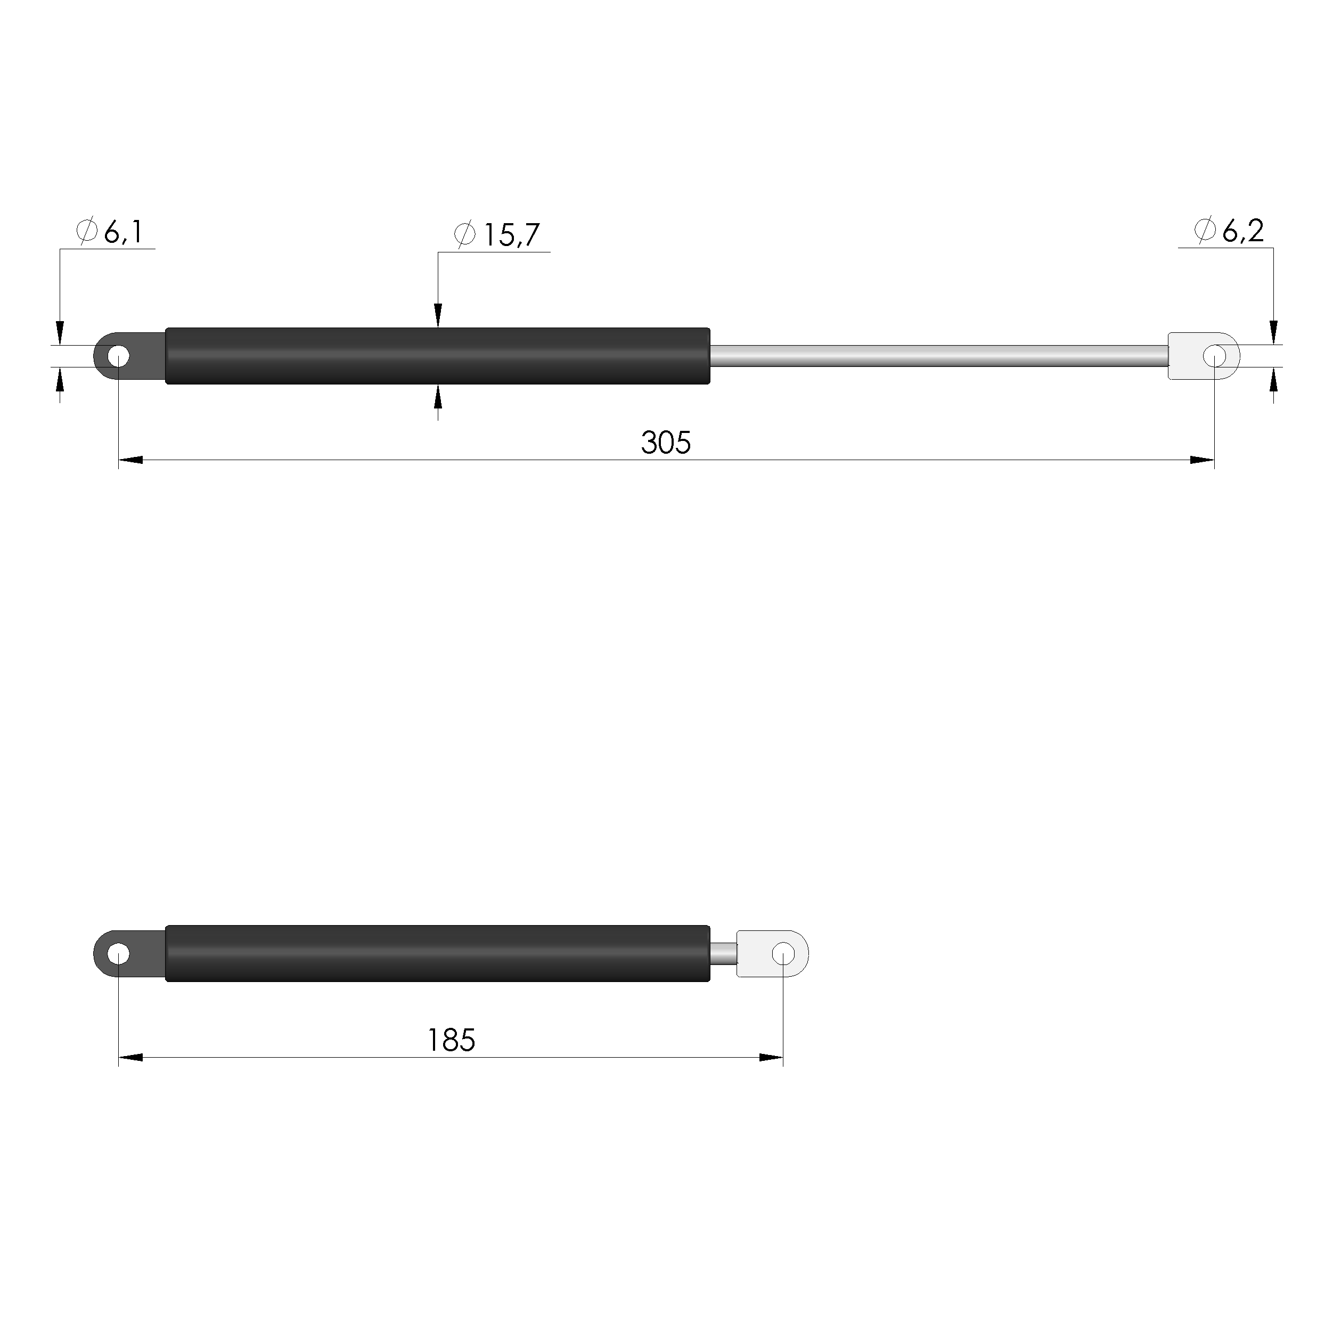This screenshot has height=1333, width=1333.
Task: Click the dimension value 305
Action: click(665, 443)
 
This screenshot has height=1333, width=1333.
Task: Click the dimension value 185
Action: click(451, 1041)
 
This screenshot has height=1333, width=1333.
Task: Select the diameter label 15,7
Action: click(511, 235)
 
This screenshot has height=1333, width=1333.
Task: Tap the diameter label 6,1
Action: click(123, 233)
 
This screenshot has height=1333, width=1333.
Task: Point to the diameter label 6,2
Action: click(1242, 231)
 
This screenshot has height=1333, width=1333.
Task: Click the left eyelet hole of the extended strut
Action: click(119, 357)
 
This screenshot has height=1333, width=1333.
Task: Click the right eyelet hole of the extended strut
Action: click(1214, 357)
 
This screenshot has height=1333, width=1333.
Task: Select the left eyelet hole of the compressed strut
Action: click(119, 955)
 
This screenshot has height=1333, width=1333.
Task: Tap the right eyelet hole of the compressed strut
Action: click(783, 954)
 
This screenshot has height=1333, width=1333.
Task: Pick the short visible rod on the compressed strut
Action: click(723, 955)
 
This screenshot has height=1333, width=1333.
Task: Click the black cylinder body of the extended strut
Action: click(437, 356)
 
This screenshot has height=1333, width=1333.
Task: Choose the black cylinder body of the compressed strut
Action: click(437, 953)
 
